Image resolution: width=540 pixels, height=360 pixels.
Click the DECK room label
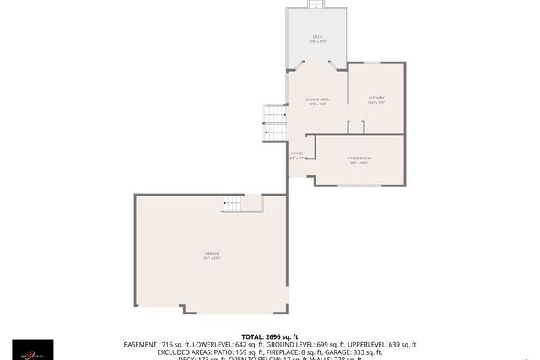317,36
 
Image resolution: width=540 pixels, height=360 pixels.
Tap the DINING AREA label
317,99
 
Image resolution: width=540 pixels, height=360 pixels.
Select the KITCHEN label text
376,98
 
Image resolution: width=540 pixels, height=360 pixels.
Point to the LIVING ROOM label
359,158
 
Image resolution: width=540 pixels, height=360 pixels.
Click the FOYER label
297,153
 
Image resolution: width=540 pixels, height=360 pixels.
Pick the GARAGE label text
212,253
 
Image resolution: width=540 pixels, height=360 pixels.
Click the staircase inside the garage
233,203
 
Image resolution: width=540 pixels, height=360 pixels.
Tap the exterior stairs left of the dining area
275,123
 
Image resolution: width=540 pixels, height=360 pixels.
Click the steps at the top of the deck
317,5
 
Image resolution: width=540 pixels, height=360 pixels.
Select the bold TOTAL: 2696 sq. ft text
269,336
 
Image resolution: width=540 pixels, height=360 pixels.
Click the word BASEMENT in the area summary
141,345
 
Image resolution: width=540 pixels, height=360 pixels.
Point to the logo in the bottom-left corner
32,349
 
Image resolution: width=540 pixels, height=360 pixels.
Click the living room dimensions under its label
359,163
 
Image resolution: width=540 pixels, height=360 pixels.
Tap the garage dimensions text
212,258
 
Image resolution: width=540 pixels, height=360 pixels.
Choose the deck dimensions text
317,41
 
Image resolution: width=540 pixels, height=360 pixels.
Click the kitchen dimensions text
376,103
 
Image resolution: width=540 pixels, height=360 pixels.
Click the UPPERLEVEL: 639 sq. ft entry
384,345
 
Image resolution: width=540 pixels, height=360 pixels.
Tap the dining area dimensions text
317,105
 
